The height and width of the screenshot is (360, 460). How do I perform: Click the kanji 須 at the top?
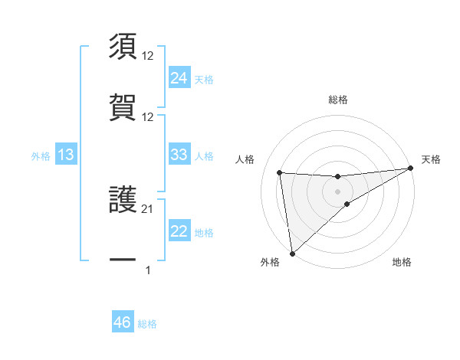pyautogui.click(x=123, y=47)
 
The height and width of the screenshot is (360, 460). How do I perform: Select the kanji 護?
pyautogui.click(x=123, y=201)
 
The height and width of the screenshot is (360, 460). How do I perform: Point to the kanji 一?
pyautogui.click(x=123, y=261)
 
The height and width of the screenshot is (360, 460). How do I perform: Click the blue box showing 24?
pyautogui.click(x=179, y=77)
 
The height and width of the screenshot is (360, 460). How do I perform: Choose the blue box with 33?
pyautogui.click(x=179, y=155)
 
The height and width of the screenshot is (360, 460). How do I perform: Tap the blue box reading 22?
pyautogui.click(x=179, y=232)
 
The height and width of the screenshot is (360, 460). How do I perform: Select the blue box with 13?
pyautogui.click(x=66, y=155)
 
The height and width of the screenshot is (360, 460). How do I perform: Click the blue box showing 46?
pyautogui.click(x=123, y=322)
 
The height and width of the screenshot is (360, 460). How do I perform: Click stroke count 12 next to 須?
pyautogui.click(x=148, y=55)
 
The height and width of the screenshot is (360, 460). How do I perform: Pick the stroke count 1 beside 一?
pyautogui.click(x=148, y=270)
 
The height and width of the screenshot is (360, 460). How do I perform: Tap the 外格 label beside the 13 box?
pyautogui.click(x=41, y=156)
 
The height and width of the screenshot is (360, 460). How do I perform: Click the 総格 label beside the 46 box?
pyautogui.click(x=148, y=324)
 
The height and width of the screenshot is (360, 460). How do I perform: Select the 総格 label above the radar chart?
pyautogui.click(x=338, y=100)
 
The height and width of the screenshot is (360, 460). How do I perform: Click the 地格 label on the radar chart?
pyautogui.click(x=402, y=263)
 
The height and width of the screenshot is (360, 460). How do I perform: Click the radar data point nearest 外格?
pyautogui.click(x=292, y=254)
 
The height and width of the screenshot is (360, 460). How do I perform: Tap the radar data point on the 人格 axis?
pyautogui.click(x=280, y=172)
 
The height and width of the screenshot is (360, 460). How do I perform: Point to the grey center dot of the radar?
pyautogui.click(x=338, y=191)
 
